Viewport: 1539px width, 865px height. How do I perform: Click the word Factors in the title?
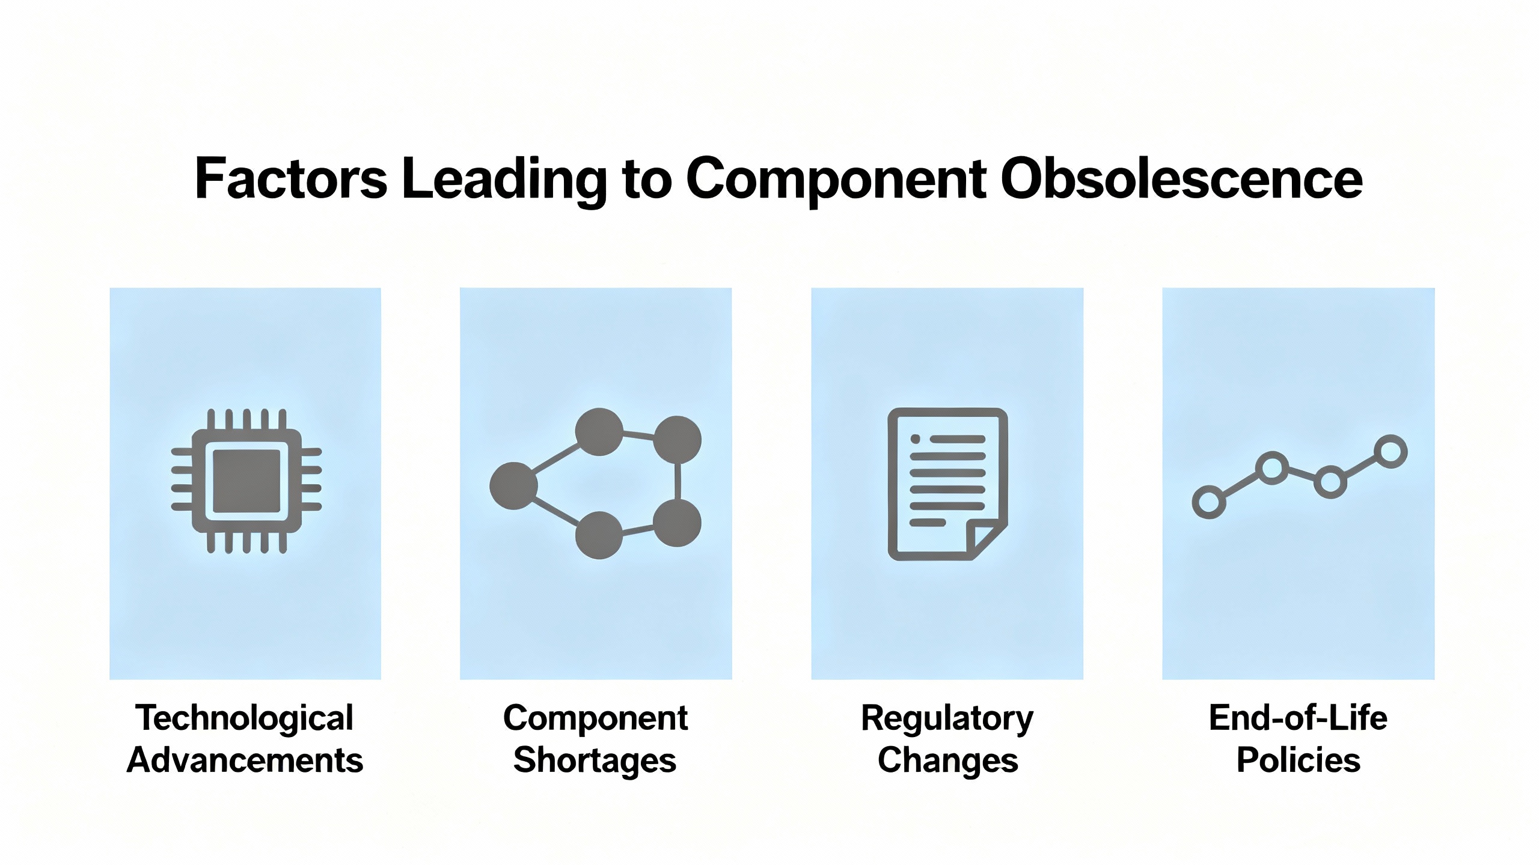click(x=291, y=178)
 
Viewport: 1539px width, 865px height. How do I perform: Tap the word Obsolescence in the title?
click(x=1181, y=178)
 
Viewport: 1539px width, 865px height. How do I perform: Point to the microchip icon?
click(x=246, y=481)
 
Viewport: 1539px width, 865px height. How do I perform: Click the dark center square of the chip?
click(x=246, y=481)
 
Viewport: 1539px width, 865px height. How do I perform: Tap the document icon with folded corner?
click(x=947, y=484)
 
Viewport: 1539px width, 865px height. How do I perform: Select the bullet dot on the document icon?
click(x=916, y=439)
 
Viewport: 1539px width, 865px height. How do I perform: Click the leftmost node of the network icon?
click(x=513, y=486)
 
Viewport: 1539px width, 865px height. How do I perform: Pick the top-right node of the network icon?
click(x=677, y=440)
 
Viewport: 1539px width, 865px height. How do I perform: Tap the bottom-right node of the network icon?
click(x=677, y=523)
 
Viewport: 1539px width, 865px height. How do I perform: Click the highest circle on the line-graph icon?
click(x=1391, y=451)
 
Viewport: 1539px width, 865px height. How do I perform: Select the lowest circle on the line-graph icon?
click(x=1209, y=502)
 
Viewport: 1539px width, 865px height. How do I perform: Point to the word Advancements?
click(x=245, y=760)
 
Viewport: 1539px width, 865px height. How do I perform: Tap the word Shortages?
click(x=595, y=761)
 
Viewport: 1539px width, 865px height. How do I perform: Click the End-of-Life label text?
click(x=1298, y=717)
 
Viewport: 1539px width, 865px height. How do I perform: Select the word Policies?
click(x=1298, y=760)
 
